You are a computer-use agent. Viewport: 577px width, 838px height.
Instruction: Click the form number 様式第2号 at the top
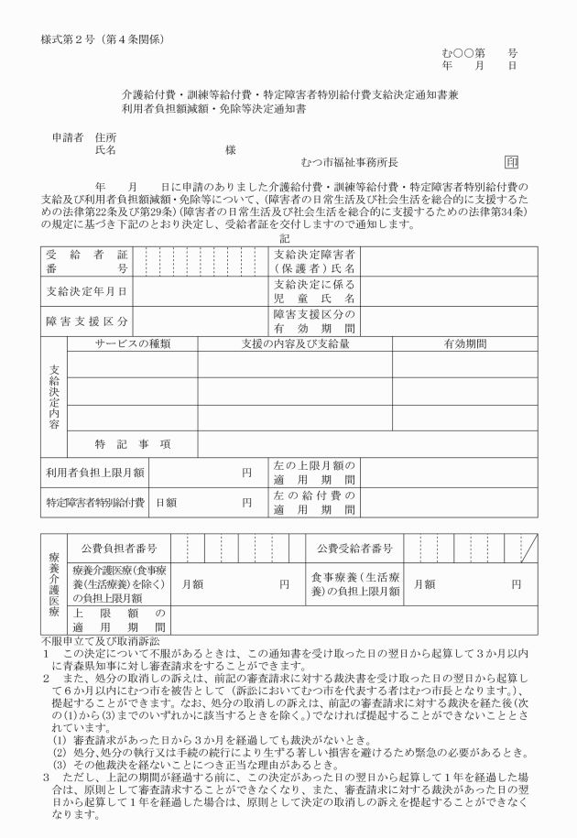[x=65, y=38]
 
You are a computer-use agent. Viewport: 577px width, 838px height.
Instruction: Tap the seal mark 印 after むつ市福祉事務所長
[x=511, y=162]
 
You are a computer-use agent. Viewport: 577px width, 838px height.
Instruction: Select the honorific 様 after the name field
[x=230, y=149]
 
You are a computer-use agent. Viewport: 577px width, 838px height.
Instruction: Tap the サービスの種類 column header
[x=133, y=343]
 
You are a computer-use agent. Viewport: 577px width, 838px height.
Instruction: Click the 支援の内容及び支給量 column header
[x=295, y=343]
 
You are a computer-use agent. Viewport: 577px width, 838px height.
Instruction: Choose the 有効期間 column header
[x=465, y=343]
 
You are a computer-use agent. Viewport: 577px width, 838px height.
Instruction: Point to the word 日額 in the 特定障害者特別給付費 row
[x=166, y=502]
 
